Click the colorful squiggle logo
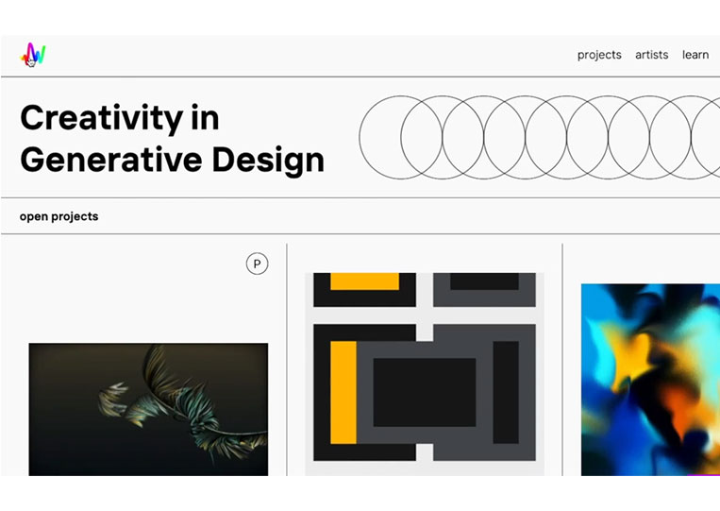[33, 55]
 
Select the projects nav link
[599, 55]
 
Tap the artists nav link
[651, 55]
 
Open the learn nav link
[695, 55]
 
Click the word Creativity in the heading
[102, 119]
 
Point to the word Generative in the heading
[111, 160]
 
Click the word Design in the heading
[268, 161]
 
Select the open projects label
[59, 216]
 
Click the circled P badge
[257, 264]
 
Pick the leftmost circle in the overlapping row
[360, 137]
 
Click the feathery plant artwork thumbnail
[148, 409]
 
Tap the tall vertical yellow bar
[343, 392]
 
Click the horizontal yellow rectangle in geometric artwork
[364, 281]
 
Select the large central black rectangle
[425, 392]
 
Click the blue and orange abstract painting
[650, 380]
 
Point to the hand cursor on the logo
[31, 61]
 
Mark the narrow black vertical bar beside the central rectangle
[506, 392]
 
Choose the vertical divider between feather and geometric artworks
[287, 360]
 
